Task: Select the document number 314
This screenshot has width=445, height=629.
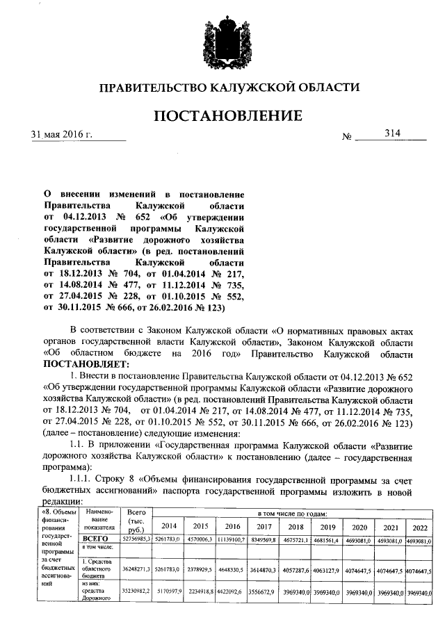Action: [383, 133]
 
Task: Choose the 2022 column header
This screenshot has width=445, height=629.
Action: [419, 526]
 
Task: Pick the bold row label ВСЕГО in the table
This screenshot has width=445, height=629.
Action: [97, 539]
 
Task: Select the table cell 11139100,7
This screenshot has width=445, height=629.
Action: [232, 539]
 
